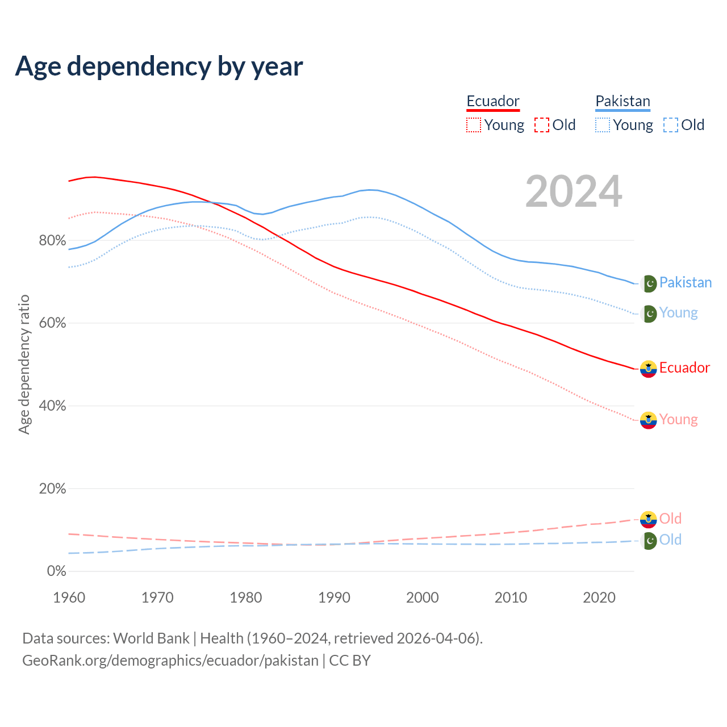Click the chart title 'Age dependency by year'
159,66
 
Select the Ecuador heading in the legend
493,101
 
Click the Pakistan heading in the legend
622,101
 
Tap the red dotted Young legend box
474,125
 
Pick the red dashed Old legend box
542,125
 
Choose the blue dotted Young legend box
603,125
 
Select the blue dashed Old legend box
671,125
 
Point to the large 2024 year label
574,191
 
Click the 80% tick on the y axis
52,240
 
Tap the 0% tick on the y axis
56,571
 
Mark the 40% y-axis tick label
52,406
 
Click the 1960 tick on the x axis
69,598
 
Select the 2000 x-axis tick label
423,598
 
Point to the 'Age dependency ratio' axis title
24,364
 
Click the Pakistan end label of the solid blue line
685,282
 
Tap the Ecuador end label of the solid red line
684,367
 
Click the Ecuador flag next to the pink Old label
648,519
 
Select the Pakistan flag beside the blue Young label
649,314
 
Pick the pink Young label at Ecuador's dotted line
678,419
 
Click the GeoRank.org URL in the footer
170,661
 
